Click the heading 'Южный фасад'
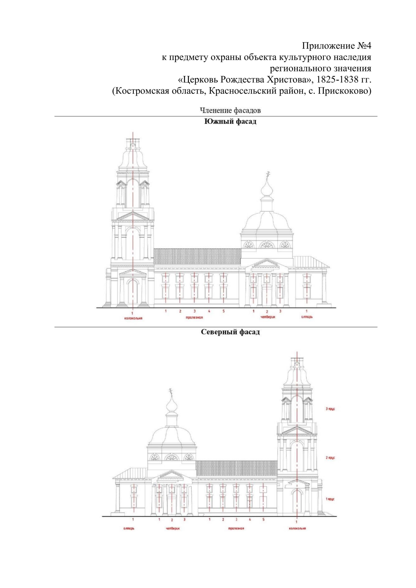(230, 121)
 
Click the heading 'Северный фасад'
(230, 332)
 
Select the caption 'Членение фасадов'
(230, 111)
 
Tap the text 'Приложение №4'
(336, 46)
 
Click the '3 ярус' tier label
(330, 409)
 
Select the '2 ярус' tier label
(330, 458)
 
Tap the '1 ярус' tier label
(330, 499)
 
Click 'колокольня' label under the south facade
(133, 318)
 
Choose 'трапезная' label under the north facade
(236, 528)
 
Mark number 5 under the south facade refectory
(224, 311)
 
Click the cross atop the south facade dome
(267, 175)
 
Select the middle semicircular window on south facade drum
(267, 245)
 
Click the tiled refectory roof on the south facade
(197, 256)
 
